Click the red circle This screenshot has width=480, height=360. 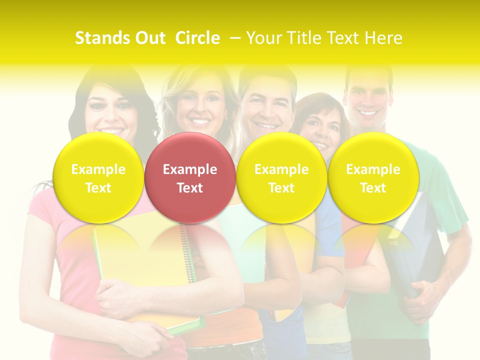[x=190, y=177]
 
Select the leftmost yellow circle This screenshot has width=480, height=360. [x=98, y=177]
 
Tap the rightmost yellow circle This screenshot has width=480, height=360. [x=373, y=177]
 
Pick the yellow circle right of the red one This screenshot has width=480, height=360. [x=281, y=177]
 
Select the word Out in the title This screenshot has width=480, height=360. [x=149, y=38]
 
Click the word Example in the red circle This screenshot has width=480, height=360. [x=190, y=169]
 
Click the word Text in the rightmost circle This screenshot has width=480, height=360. [x=373, y=188]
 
